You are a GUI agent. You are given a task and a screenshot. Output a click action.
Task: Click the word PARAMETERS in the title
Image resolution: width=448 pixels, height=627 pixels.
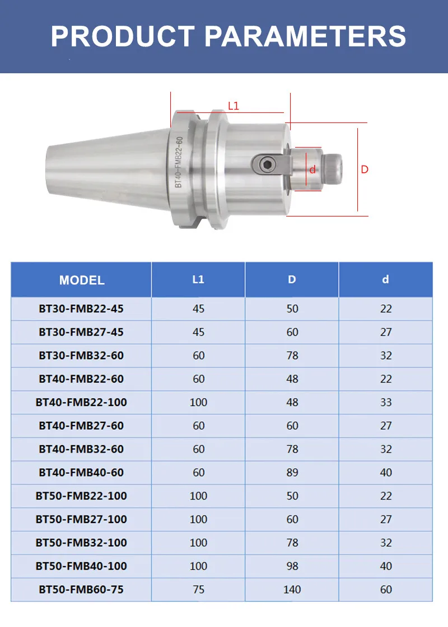[x=305, y=36]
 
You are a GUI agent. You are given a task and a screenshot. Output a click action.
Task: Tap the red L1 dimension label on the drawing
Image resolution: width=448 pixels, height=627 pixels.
[x=234, y=106]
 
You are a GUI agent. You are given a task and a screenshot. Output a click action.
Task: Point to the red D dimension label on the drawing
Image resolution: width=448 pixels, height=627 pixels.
[x=365, y=169]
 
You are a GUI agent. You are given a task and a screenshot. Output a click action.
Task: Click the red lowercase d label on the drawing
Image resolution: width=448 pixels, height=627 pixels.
[x=312, y=169]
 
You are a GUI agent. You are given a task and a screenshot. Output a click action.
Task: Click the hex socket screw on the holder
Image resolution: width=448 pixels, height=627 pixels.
[x=267, y=164]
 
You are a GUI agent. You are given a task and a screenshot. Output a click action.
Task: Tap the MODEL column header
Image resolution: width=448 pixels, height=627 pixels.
[x=82, y=280]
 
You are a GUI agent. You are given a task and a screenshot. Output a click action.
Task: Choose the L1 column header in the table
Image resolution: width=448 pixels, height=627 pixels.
[x=198, y=279]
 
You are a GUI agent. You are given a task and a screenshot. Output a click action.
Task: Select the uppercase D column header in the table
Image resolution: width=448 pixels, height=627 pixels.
[x=292, y=279]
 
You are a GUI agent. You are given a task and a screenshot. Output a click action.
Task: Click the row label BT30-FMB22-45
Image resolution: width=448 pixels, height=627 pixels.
[x=81, y=309]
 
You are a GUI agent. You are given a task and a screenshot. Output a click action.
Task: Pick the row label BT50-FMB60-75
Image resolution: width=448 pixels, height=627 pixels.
[x=81, y=590]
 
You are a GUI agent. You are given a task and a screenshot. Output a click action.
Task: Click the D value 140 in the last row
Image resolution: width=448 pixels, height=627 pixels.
[x=292, y=590]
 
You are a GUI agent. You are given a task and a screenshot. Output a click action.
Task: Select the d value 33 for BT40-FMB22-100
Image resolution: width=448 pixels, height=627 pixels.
[x=386, y=402]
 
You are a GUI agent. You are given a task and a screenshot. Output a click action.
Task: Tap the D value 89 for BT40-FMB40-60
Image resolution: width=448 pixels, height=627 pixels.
[x=292, y=473]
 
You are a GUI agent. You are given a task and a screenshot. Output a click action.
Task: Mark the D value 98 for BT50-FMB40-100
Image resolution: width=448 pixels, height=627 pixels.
[x=292, y=566]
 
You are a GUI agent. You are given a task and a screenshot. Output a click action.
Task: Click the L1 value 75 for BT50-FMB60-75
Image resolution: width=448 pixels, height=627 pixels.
[x=198, y=590]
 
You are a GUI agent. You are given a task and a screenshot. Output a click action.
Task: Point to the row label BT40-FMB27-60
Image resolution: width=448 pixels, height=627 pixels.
[x=81, y=426]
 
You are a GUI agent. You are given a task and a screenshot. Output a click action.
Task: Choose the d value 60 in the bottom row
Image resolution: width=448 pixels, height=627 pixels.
[x=386, y=590]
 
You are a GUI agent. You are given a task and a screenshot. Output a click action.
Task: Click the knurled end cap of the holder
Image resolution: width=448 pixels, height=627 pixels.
[x=334, y=167]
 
